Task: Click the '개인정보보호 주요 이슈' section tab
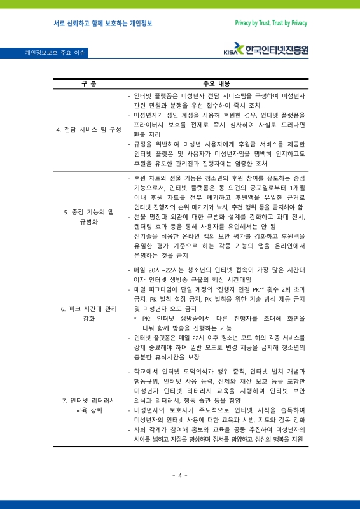(56, 53)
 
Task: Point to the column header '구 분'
(89, 84)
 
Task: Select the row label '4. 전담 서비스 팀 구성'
(89, 129)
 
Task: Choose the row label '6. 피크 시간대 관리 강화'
(89, 314)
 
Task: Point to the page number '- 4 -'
(180, 475)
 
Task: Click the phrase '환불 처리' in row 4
(147, 135)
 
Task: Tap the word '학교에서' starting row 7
(146, 371)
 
